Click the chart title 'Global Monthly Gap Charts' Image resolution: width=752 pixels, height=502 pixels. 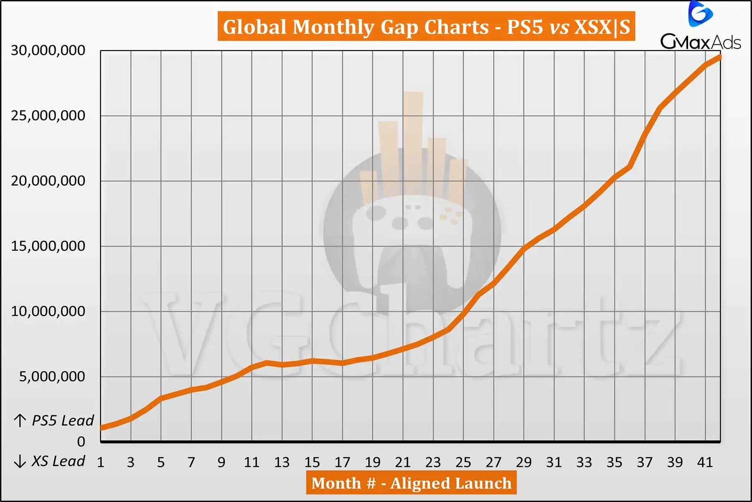coord(426,27)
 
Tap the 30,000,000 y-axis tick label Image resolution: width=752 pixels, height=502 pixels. coord(48,50)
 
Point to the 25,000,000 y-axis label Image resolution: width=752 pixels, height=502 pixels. coord(48,115)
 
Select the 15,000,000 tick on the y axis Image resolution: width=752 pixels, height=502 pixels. coord(48,246)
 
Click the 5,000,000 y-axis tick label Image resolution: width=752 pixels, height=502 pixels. coord(52,376)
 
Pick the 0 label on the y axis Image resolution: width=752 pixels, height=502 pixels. coord(81,442)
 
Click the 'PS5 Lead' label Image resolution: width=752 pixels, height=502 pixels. coord(63,420)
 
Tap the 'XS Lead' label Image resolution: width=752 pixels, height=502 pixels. coord(58,461)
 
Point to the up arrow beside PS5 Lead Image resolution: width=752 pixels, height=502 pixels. coord(20,420)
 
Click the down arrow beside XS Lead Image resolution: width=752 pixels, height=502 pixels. coord(20,461)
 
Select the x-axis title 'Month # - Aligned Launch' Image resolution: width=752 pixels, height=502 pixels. coord(412,483)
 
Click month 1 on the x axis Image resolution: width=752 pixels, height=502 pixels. coord(101,462)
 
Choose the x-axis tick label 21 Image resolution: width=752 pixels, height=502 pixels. coord(403,462)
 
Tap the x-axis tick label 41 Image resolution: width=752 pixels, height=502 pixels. coord(705,462)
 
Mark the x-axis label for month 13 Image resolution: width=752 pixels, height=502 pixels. coord(282,462)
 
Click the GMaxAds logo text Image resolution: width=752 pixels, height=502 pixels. coord(701,42)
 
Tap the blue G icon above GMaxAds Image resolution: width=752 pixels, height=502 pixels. coord(700,14)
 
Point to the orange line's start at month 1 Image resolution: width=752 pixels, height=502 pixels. coord(102,428)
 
